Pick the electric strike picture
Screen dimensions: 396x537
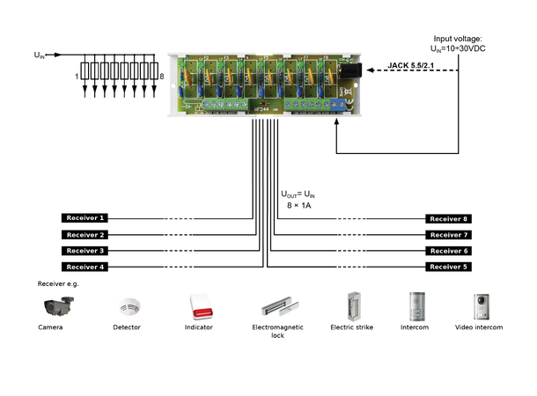pos(353,305)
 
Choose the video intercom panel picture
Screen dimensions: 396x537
pos(482,305)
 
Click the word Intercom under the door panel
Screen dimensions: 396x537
pos(414,327)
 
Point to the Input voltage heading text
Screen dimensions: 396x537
pos(460,39)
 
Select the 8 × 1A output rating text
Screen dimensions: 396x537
pos(300,205)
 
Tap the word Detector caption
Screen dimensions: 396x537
pos(127,327)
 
